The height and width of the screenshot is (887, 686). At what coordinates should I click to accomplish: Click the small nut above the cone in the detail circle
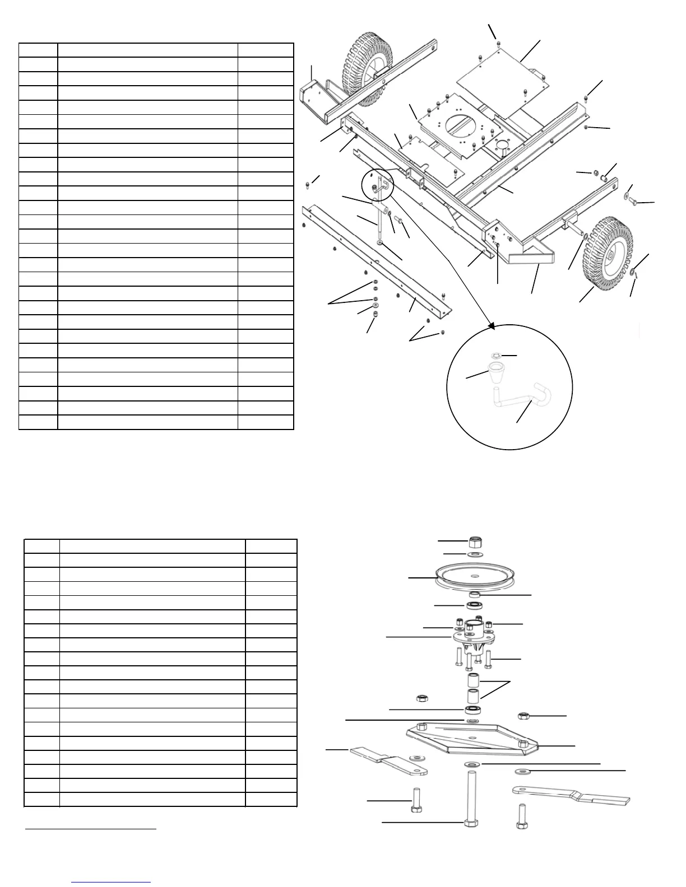click(495, 355)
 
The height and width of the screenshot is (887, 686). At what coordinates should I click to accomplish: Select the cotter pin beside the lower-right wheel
click(635, 274)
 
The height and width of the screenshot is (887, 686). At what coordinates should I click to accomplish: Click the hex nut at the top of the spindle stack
click(475, 541)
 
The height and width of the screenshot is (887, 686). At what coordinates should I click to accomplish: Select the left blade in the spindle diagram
click(388, 762)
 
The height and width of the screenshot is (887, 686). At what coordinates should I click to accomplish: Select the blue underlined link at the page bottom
click(112, 882)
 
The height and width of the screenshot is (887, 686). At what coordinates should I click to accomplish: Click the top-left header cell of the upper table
click(38, 50)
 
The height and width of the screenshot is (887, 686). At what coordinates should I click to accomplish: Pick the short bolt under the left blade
click(416, 800)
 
